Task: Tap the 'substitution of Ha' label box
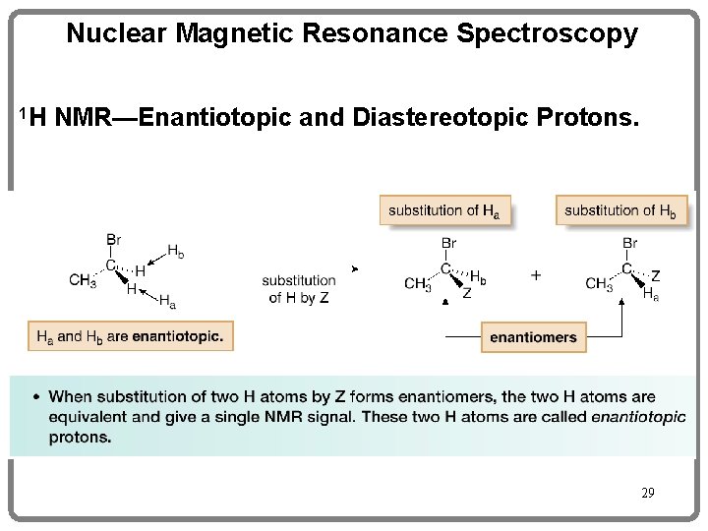pyautogui.click(x=444, y=210)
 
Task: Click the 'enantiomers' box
pyautogui.click(x=534, y=337)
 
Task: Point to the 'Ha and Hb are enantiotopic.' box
pyautogui.click(x=130, y=337)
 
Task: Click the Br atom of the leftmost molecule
pyautogui.click(x=115, y=239)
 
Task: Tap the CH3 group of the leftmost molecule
pyautogui.click(x=83, y=279)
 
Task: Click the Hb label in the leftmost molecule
pyautogui.click(x=174, y=252)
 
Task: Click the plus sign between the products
pyautogui.click(x=535, y=275)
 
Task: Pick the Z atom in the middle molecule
pyautogui.click(x=466, y=293)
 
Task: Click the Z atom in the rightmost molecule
pyautogui.click(x=656, y=276)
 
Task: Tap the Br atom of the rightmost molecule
pyautogui.click(x=630, y=243)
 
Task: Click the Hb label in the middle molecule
pyautogui.click(x=477, y=276)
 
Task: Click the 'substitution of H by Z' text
pyautogui.click(x=299, y=289)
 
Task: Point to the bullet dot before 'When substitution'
pyautogui.click(x=36, y=397)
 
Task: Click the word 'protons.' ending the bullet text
pyautogui.click(x=81, y=438)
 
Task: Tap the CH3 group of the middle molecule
pyautogui.click(x=418, y=284)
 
